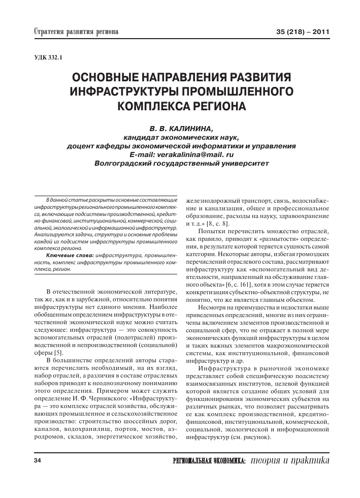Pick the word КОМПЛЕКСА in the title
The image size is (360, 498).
coord(150,107)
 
